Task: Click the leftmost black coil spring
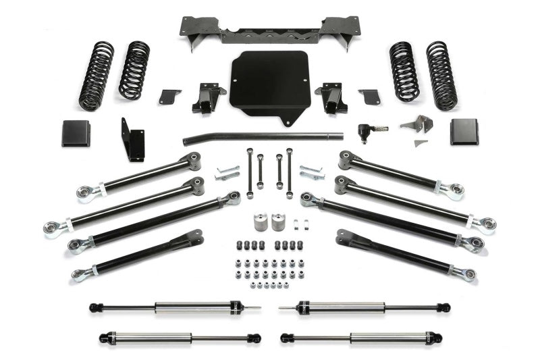[x=96, y=76]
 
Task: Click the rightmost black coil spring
[x=441, y=76]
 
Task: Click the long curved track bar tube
[x=270, y=137]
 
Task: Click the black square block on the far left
[x=75, y=132]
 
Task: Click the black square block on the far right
[x=464, y=132]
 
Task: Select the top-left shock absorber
[x=174, y=308]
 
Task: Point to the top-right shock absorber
[x=364, y=308]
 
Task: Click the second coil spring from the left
[x=134, y=70]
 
